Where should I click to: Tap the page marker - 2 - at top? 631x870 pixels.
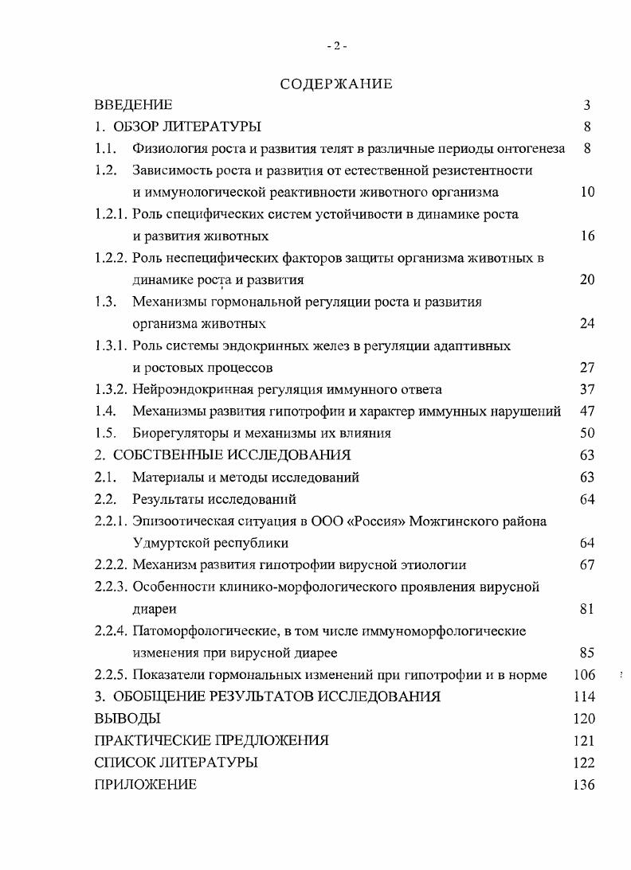336,46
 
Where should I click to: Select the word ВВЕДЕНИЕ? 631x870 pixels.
133,105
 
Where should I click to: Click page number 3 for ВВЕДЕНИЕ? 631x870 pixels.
586,105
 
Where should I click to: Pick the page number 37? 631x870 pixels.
587,389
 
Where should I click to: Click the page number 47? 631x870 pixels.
587,412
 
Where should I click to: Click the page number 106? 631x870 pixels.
584,675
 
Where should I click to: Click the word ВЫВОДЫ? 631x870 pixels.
127,719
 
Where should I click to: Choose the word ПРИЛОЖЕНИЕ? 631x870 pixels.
145,785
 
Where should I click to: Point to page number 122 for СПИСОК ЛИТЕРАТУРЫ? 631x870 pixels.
584,763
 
